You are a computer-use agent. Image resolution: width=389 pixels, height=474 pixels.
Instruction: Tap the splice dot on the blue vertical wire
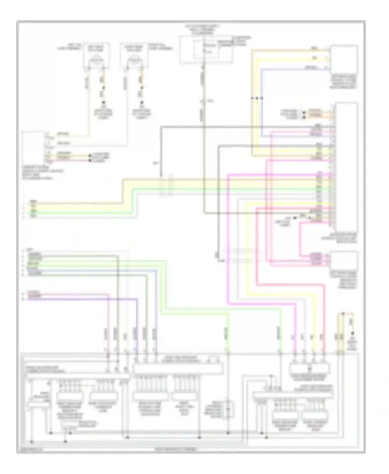point(262,98)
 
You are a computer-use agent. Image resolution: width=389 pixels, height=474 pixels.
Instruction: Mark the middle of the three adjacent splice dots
point(257,98)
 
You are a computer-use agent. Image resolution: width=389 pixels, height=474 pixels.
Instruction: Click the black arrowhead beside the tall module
point(295,218)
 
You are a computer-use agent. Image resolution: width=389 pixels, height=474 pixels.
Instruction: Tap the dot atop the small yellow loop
point(343,314)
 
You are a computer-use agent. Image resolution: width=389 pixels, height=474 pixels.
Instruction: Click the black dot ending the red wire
point(90,161)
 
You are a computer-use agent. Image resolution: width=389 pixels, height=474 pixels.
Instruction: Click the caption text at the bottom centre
point(176,449)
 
